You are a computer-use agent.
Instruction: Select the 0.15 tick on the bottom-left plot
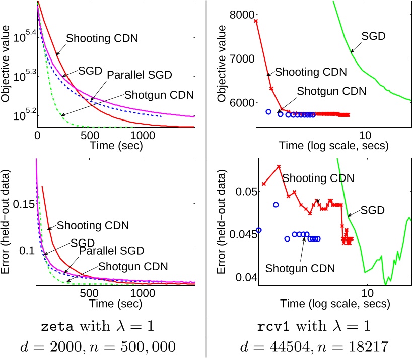[22, 203]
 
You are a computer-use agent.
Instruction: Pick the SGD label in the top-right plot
[373, 36]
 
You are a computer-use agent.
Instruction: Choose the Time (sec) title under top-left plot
[116, 147]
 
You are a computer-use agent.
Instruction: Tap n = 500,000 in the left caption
[143, 348]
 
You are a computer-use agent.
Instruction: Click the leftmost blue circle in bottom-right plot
[259, 230]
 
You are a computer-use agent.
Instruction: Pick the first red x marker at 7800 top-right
[256, 21]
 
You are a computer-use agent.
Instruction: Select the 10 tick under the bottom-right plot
[367, 292]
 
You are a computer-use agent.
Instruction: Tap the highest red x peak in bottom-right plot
[278, 166]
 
